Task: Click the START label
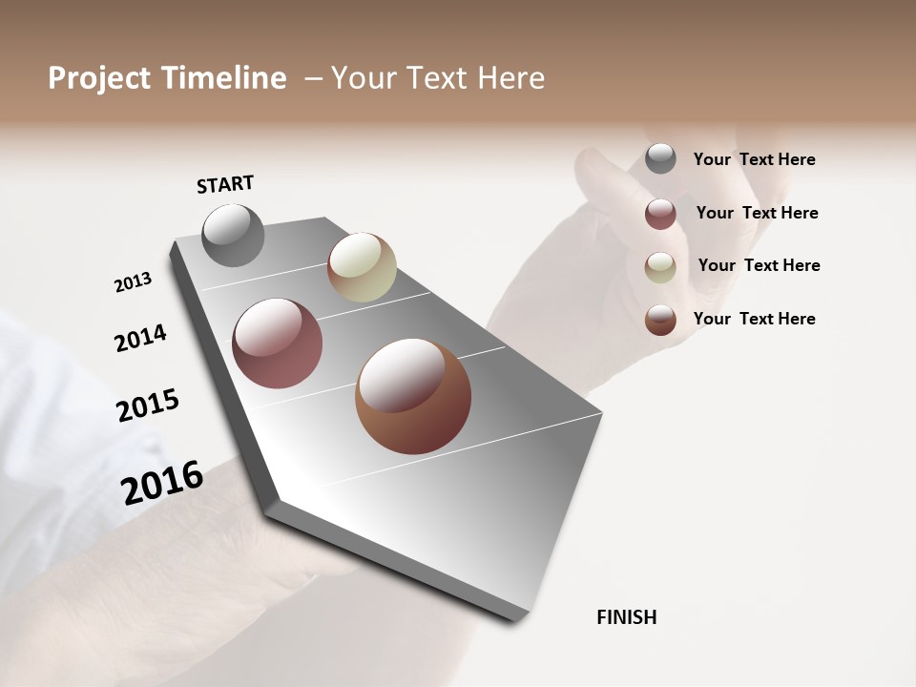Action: click(x=225, y=184)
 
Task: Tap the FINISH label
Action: click(x=626, y=617)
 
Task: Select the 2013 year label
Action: click(x=133, y=282)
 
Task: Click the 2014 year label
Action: click(x=140, y=338)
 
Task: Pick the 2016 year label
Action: click(x=162, y=483)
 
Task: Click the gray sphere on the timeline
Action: click(x=234, y=235)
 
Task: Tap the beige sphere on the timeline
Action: click(x=362, y=267)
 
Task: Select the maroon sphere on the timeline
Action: click(x=278, y=343)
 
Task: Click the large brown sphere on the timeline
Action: click(x=413, y=396)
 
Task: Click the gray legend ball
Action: click(x=660, y=158)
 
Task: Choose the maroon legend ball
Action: click(x=660, y=214)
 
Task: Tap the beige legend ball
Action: click(x=660, y=267)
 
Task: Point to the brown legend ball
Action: click(x=660, y=320)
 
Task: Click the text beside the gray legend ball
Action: click(x=754, y=160)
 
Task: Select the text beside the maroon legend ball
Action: click(x=757, y=213)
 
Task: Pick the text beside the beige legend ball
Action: click(x=759, y=265)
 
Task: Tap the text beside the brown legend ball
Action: click(x=754, y=319)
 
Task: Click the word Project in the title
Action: click(x=98, y=78)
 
